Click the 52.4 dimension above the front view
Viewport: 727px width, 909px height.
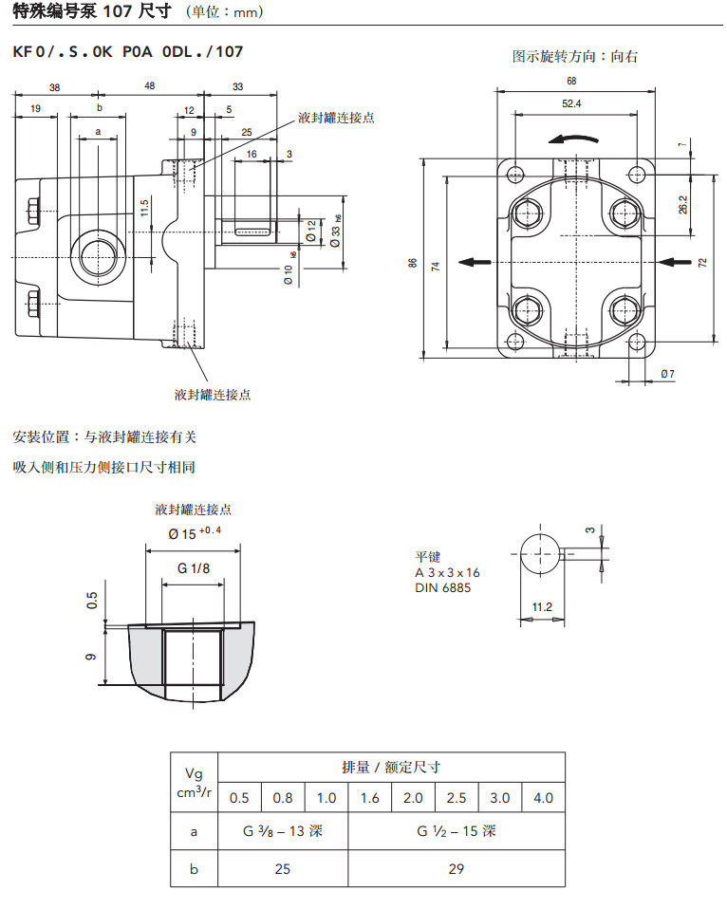click(x=571, y=103)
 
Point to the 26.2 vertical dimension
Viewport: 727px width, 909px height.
click(x=683, y=203)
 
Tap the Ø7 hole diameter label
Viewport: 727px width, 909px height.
click(x=667, y=374)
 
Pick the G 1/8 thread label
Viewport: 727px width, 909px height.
click(x=194, y=568)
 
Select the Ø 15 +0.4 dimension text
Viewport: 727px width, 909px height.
click(x=194, y=533)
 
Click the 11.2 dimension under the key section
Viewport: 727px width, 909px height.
click(x=542, y=606)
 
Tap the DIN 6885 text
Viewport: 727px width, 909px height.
click(x=442, y=587)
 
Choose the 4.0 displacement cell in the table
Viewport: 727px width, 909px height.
click(x=543, y=798)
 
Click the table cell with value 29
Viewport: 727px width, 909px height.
click(x=457, y=868)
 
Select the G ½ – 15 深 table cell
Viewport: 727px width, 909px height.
click(x=457, y=831)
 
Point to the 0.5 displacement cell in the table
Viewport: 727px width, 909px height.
click(x=240, y=798)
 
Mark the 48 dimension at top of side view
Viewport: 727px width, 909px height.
click(x=149, y=86)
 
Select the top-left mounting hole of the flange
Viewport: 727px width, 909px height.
click(x=515, y=174)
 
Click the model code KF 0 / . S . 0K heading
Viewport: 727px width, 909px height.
click(x=127, y=52)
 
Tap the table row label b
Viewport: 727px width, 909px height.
click(x=194, y=868)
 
